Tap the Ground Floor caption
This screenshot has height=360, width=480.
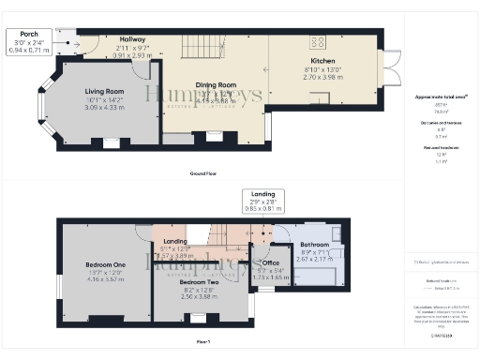[204, 173]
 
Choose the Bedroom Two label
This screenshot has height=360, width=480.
[200, 282]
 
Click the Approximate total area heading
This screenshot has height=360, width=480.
[442, 97]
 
